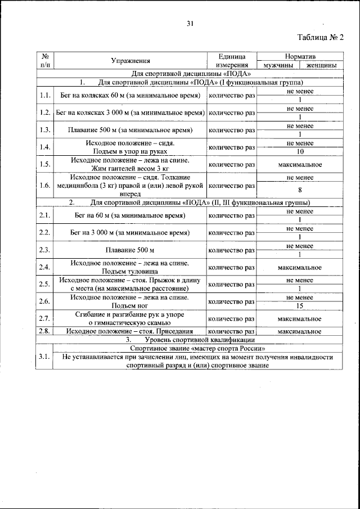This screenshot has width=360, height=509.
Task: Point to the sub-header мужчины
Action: [x=277, y=65]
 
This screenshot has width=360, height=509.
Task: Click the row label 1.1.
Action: [x=45, y=96]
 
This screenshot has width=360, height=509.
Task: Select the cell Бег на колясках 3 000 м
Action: [x=130, y=113]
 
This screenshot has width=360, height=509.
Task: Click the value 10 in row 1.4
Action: [x=300, y=152]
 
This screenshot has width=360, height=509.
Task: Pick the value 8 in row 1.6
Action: [x=300, y=190]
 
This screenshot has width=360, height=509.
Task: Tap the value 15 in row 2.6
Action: [x=300, y=306]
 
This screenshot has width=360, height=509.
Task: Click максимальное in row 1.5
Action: [x=300, y=164]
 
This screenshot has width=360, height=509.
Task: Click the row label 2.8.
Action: [x=45, y=331]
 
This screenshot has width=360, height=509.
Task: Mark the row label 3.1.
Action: [x=45, y=357]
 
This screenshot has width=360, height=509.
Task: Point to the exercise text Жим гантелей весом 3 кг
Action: [x=130, y=168]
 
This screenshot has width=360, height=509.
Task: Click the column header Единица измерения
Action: [x=232, y=61]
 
